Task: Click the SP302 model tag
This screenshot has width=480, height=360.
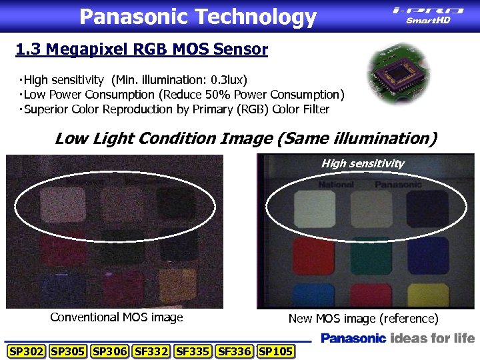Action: (26, 351)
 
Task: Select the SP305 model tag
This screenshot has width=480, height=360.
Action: (67, 351)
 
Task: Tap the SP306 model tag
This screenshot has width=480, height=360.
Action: (109, 351)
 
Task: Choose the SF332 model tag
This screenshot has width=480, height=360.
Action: (151, 351)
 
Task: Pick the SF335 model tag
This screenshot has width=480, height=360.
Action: (192, 351)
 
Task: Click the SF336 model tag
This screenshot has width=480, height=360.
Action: (234, 351)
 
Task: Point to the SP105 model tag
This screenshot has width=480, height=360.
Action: (275, 351)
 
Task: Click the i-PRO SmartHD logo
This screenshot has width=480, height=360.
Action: (428, 15)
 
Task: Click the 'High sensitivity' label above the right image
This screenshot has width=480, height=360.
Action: (363, 163)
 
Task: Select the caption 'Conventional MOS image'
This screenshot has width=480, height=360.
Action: (116, 317)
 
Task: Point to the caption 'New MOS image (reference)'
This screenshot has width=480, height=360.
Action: (363, 319)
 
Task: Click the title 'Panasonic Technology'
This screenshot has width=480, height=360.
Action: (197, 17)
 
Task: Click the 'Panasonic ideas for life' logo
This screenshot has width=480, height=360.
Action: (397, 338)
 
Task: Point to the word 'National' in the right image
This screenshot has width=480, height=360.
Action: (336, 184)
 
